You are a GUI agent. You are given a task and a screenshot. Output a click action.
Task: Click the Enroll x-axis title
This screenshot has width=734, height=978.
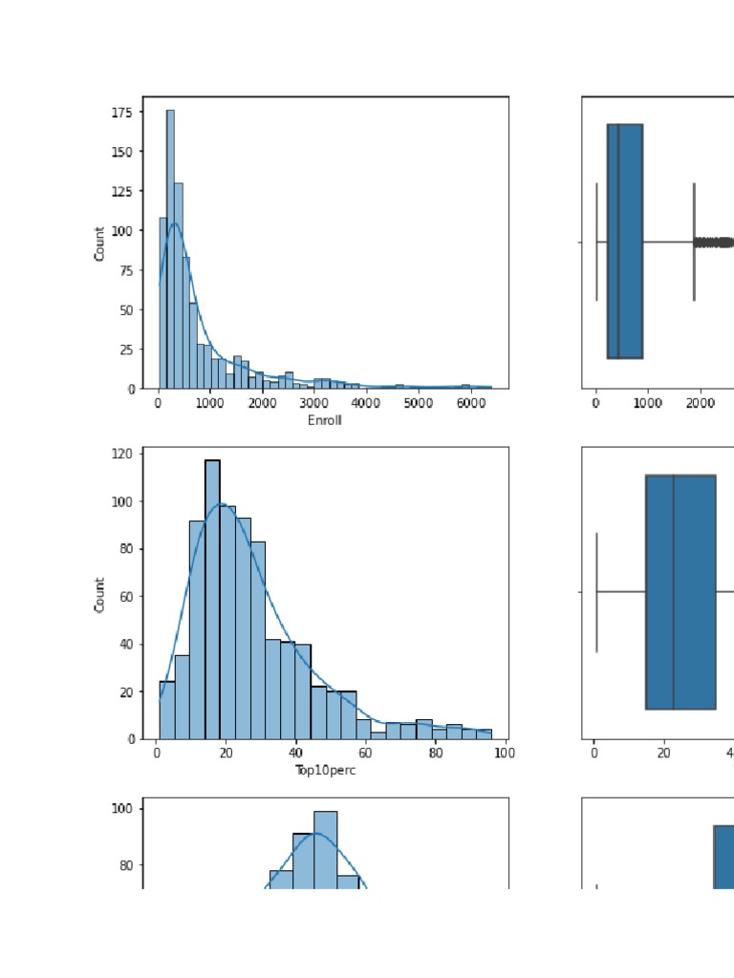325,420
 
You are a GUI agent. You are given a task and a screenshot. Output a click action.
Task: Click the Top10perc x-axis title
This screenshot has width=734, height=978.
325,770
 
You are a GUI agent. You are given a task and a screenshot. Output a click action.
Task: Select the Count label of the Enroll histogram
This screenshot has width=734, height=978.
99,243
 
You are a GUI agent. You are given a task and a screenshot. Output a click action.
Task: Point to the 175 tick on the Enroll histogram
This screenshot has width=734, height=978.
121,112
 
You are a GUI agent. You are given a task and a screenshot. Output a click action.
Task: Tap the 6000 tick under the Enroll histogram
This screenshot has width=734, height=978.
469,404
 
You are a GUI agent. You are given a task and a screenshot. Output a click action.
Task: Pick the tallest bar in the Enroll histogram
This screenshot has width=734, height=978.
170,248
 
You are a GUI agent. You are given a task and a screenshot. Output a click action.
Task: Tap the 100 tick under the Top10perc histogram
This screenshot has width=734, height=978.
506,753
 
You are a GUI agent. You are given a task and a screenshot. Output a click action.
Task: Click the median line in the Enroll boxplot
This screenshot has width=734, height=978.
618,241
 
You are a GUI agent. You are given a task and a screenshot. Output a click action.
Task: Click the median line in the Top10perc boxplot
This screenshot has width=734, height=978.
674,592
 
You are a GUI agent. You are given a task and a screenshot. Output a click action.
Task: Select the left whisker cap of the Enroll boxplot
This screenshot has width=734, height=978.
596,242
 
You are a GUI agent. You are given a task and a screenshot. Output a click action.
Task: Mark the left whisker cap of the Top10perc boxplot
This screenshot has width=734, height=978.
596,592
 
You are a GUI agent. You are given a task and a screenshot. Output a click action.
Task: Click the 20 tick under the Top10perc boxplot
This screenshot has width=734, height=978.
663,753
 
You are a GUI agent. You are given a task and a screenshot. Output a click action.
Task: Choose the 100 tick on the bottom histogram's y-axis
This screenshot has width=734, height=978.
124,808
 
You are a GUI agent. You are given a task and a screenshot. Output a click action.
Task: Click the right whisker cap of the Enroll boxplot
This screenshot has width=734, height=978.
694,242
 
